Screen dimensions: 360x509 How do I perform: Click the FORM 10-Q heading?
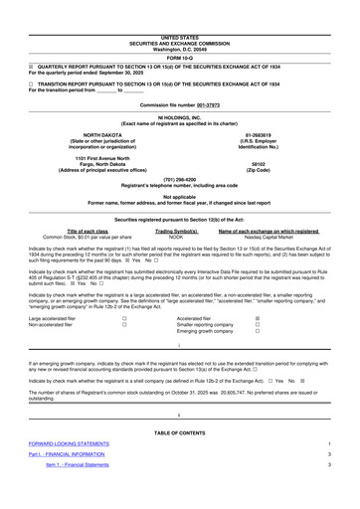pos(180,27)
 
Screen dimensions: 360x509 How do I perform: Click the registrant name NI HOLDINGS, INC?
pos(180,89)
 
